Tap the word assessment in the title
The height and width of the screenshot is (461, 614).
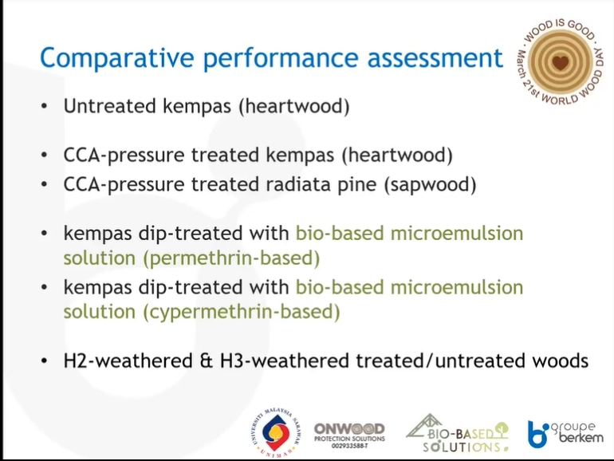(435, 57)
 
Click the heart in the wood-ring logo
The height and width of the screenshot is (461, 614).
(560, 63)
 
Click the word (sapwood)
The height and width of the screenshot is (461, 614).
(430, 185)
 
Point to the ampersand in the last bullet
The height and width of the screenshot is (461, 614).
(206, 361)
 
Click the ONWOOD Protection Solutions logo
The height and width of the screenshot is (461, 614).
(349, 435)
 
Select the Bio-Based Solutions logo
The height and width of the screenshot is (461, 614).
(458, 433)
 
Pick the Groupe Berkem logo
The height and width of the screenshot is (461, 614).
(565, 434)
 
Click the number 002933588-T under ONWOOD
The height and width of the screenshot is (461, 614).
(349, 446)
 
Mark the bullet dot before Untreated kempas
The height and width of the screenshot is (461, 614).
(44, 106)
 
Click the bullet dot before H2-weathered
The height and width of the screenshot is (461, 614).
(44, 361)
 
